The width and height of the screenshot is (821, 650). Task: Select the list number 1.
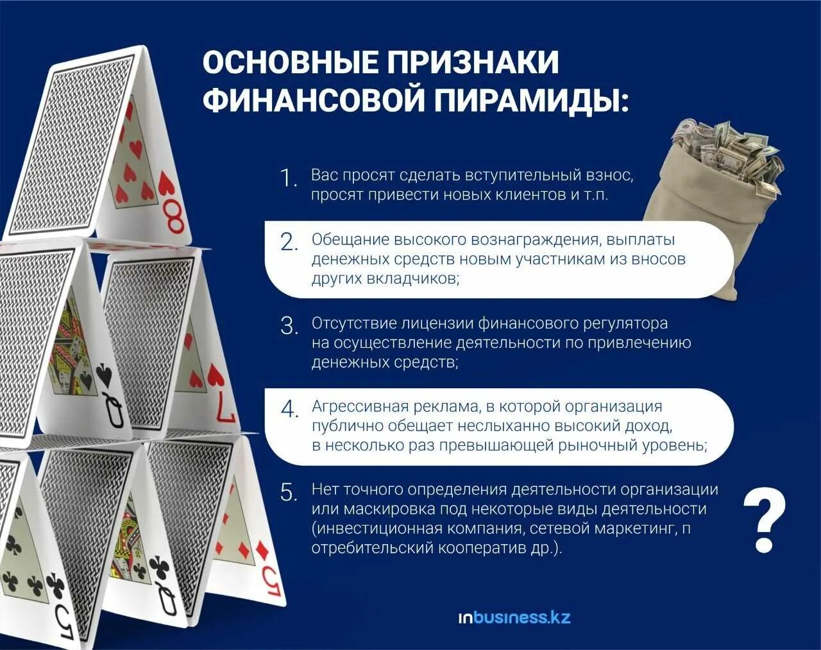pyautogui.click(x=289, y=179)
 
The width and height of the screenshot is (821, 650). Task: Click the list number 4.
pyautogui.click(x=290, y=409)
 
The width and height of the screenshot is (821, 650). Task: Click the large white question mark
pyautogui.click(x=765, y=520)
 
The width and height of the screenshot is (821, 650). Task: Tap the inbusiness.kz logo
pyautogui.click(x=514, y=618)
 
